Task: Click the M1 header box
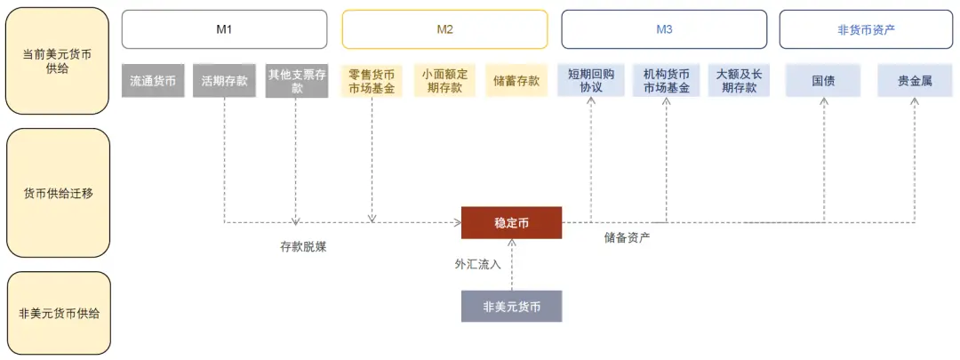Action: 224,29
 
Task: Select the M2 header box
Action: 444,29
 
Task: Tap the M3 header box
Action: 664,29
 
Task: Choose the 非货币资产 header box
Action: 866,29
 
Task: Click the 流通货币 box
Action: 153,81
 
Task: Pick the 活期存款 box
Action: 224,81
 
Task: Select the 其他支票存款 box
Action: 297,81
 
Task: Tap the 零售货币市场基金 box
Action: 372,81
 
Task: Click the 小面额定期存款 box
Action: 444,81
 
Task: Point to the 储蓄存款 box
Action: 516,81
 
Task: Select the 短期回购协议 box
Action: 591,81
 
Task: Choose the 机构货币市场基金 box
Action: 666,81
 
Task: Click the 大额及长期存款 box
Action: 738,81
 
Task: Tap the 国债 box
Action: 823,81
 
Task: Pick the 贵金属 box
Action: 915,81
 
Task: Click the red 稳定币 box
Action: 511,222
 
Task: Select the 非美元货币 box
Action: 511,306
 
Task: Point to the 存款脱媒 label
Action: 303,247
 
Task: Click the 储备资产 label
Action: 627,237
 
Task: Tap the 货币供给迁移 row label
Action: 58,193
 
